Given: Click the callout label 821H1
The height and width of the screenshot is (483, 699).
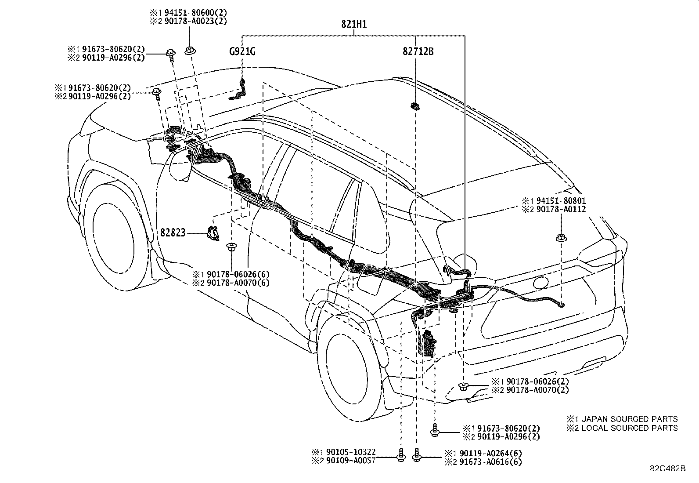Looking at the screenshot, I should pyautogui.click(x=354, y=25).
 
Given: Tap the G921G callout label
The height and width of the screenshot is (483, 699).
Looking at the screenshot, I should pyautogui.click(x=242, y=51).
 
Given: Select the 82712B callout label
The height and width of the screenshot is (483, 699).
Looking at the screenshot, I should pyautogui.click(x=418, y=51).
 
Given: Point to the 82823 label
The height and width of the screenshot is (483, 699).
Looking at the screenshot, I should pyautogui.click(x=173, y=233).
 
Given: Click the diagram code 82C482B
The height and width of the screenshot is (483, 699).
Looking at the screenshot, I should pyautogui.click(x=668, y=468).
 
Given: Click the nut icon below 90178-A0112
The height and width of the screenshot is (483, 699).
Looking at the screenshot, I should pyautogui.click(x=561, y=238).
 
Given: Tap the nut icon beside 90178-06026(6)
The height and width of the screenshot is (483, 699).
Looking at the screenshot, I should pyautogui.click(x=231, y=247).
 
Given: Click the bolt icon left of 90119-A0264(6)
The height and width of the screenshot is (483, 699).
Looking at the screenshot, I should pyautogui.click(x=417, y=456).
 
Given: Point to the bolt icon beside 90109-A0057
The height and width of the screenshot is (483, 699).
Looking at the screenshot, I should pyautogui.click(x=400, y=456).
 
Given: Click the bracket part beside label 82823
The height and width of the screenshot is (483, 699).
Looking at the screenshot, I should pyautogui.click(x=213, y=233).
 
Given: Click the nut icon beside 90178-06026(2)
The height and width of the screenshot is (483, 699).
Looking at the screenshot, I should pyautogui.click(x=463, y=386).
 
